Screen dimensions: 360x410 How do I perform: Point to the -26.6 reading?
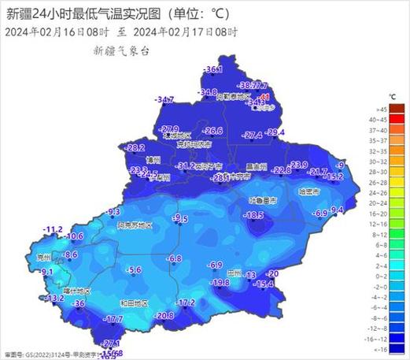tap(213, 131)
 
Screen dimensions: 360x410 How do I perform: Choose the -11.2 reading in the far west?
tap(53, 228)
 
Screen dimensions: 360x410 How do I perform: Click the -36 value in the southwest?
tap(79, 303)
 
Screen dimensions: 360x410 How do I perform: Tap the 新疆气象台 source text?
tap(121, 50)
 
